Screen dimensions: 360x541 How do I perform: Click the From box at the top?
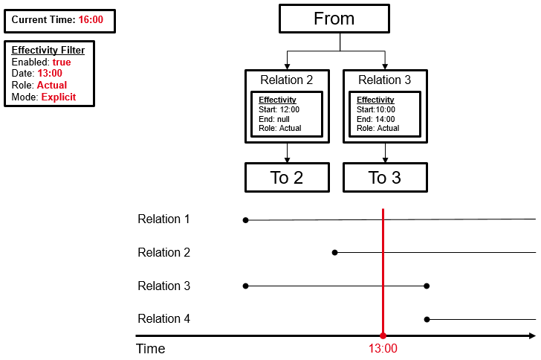point(334,19)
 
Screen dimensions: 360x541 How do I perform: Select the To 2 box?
point(287,178)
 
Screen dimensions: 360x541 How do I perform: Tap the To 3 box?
point(384,178)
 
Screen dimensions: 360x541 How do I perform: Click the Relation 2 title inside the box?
point(287,80)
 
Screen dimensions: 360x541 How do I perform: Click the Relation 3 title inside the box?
point(384,80)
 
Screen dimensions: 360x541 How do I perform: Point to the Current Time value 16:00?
point(91,19)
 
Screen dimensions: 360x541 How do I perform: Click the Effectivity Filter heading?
point(48,51)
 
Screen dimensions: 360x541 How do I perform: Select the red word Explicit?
point(58,97)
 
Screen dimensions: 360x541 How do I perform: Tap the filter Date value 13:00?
point(50,74)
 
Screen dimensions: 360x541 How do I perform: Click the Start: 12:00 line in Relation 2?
point(277,110)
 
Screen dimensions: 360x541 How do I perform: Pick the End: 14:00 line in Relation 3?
point(376,119)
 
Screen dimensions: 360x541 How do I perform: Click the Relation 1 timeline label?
point(163,219)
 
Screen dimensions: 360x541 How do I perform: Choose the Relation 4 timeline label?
point(163,319)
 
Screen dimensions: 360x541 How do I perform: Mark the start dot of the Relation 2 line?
point(334,253)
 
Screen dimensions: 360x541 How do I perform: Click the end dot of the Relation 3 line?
point(427,286)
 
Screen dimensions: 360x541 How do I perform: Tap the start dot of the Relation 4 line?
point(427,319)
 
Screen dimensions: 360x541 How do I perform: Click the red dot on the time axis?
point(383,336)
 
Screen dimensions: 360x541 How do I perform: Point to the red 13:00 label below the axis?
point(383,349)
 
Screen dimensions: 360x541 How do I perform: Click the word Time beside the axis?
point(150,349)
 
